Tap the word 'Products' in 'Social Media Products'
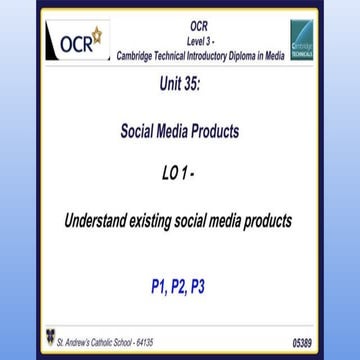(214, 130)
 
